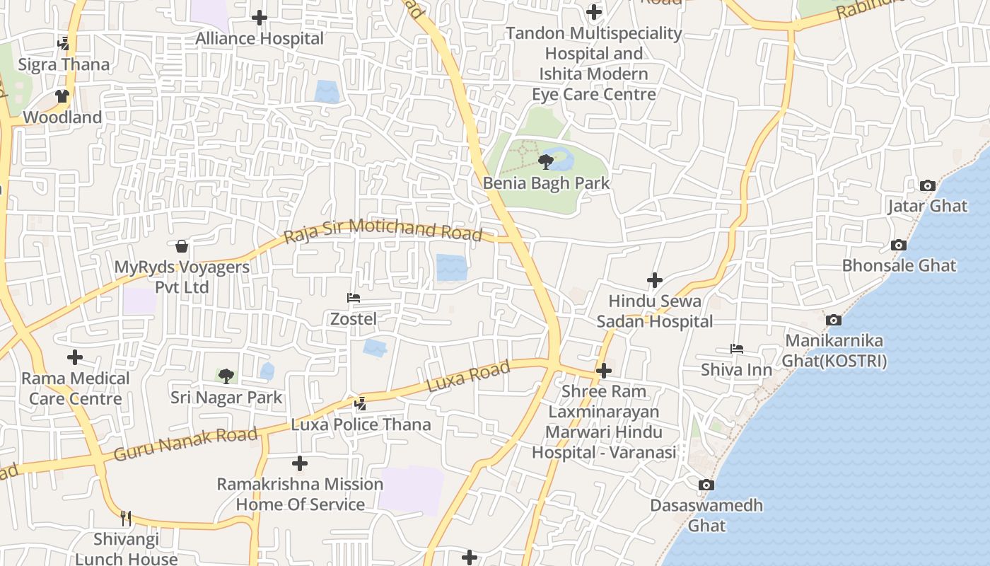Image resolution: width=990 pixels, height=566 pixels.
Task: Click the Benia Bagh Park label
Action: click(546, 183)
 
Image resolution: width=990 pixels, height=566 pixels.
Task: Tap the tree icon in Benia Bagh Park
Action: click(545, 162)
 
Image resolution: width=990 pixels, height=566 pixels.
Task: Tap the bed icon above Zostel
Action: click(354, 298)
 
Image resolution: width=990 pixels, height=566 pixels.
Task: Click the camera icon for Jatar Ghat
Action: click(927, 186)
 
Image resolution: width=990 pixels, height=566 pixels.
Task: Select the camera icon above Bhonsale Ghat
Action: click(899, 246)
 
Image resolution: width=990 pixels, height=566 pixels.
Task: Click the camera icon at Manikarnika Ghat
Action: click(834, 320)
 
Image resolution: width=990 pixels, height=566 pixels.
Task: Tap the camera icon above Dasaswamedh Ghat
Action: click(706, 485)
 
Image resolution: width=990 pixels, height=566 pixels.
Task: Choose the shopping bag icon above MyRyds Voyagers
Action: click(182, 246)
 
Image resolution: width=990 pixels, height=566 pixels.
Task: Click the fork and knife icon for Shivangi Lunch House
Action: click(126, 519)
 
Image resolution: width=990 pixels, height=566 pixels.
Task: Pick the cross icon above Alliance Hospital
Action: click(260, 18)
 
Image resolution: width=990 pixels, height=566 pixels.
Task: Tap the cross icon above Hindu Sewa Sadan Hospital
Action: click(655, 280)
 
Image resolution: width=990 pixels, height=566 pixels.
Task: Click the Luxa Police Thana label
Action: click(361, 424)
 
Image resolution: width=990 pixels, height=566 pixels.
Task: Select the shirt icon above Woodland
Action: click(62, 96)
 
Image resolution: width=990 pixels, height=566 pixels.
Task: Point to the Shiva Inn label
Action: click(736, 370)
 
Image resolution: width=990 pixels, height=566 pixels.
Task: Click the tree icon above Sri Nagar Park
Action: click(226, 376)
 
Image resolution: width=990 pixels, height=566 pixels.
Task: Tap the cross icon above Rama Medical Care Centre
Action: click(75, 357)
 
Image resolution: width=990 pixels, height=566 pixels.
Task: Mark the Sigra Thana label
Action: click(64, 64)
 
